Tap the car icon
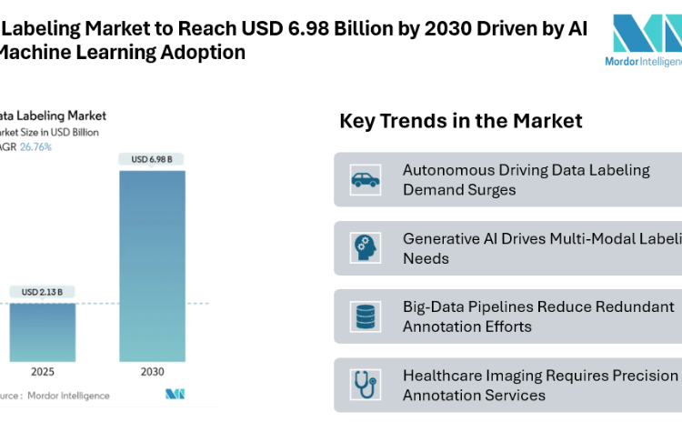click(x=366, y=179)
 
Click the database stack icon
click(x=366, y=316)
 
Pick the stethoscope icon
click(x=366, y=385)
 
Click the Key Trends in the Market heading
click(x=460, y=121)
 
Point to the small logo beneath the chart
click(x=176, y=395)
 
